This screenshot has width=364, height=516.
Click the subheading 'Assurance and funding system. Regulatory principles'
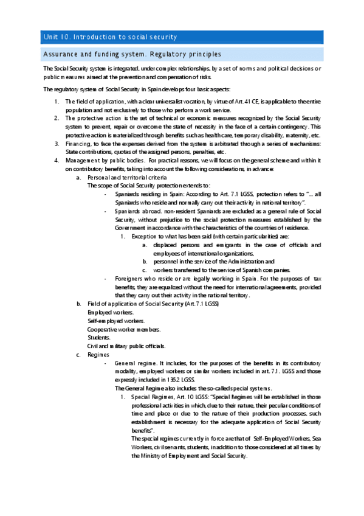(x=128, y=55)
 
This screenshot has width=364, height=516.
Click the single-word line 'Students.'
(x=99, y=337)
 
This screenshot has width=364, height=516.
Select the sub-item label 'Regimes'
(x=98, y=354)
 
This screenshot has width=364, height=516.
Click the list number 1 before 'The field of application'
(x=56, y=101)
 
